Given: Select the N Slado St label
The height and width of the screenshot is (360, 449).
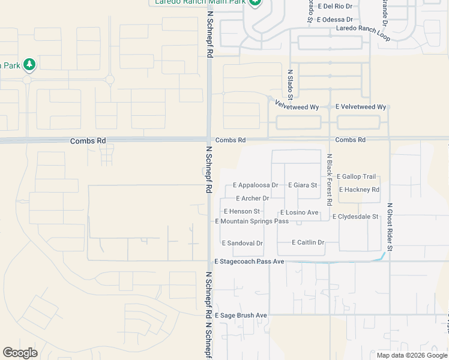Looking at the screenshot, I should coord(290,84).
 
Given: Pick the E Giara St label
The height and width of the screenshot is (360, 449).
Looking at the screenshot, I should coord(303,185).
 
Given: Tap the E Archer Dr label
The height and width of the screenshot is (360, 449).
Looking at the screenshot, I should coord(253,199).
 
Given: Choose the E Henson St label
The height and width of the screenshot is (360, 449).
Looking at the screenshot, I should coord(242,211).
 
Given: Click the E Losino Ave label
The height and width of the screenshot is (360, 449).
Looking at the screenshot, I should coord(299,212).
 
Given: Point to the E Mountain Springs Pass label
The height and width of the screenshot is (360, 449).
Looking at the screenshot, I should coord(252,221).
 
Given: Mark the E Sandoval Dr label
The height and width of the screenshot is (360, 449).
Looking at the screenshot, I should coord(243,244).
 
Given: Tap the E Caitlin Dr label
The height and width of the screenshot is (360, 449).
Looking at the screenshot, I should coord(308,242).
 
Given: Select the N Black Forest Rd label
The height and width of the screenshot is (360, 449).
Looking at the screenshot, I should coord(330,173).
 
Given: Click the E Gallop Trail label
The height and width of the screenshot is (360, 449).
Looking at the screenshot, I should coord(357,176).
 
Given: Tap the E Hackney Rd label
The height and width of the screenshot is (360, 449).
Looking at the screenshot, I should coord(359,190).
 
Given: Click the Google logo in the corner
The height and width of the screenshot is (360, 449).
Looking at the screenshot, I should coord(20,353).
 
